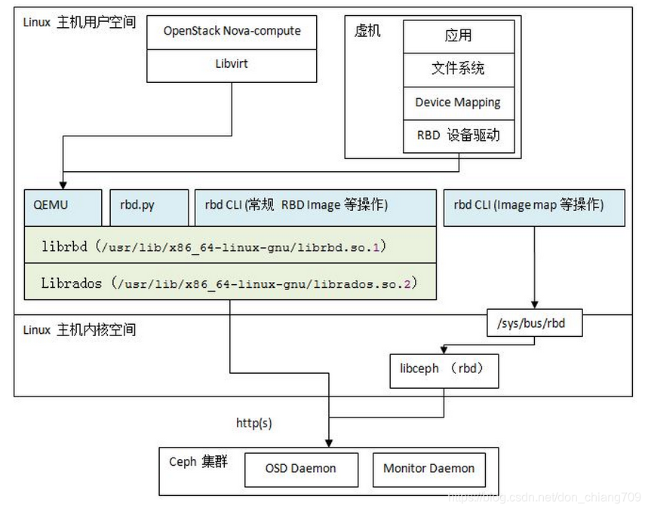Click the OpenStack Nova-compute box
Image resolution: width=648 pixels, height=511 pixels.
click(x=232, y=32)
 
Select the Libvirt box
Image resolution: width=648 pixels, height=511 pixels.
click(x=232, y=65)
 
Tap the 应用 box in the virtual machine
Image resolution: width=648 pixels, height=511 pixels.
click(x=459, y=36)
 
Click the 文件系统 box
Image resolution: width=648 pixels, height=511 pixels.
click(x=459, y=69)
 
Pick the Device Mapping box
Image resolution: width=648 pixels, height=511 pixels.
click(x=459, y=103)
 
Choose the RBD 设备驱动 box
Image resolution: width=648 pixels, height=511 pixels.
click(x=459, y=136)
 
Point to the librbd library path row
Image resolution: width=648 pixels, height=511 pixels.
click(x=230, y=246)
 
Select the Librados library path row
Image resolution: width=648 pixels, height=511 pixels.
click(x=230, y=283)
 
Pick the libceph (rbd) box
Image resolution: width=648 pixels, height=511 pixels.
click(x=444, y=370)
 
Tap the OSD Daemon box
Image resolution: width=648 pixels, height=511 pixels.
click(x=301, y=469)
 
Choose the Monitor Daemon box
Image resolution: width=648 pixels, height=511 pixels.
click(x=428, y=469)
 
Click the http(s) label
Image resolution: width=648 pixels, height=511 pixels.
click(x=253, y=424)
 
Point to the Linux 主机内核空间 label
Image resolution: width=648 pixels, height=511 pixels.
click(x=80, y=330)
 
